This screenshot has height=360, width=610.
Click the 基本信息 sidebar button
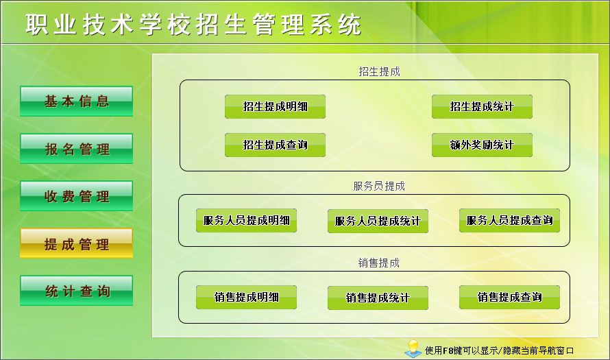(x=76, y=101)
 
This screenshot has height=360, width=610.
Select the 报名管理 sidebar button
(x=76, y=149)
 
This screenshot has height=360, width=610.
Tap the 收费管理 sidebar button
(x=76, y=196)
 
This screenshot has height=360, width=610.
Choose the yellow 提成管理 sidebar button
(x=76, y=243)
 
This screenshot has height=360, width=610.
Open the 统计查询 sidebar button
(x=76, y=291)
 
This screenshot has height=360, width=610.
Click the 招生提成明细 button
(x=275, y=107)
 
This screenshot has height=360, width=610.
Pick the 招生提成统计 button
(x=482, y=107)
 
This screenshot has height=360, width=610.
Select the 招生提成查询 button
(x=275, y=145)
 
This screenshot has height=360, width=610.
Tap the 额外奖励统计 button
(x=482, y=145)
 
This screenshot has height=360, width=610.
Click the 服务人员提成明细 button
(x=246, y=221)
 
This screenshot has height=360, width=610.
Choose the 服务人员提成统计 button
(x=378, y=221)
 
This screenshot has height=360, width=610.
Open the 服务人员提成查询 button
(x=510, y=221)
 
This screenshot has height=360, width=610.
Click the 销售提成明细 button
(x=246, y=298)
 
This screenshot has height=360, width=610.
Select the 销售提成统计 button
(x=378, y=298)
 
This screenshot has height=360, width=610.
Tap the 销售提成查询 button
(x=510, y=298)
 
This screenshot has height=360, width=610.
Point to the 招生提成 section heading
(x=379, y=71)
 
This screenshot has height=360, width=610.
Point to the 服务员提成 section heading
(x=379, y=186)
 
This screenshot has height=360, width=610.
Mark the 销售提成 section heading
(x=379, y=263)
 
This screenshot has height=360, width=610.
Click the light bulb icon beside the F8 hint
(x=413, y=348)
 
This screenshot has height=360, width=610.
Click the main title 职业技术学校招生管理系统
(x=194, y=25)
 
